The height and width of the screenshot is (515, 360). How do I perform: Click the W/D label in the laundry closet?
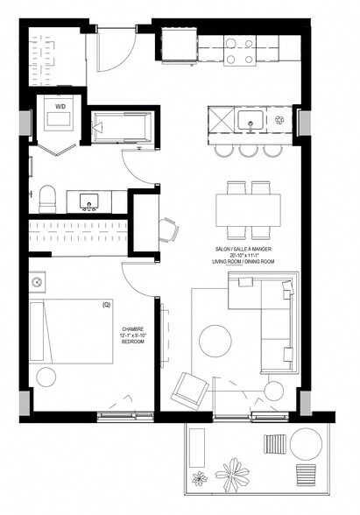point(60,108)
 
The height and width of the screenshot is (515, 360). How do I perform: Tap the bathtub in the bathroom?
point(123,128)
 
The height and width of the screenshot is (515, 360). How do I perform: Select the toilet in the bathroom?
point(48,194)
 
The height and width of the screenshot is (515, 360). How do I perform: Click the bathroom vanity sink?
point(89,203)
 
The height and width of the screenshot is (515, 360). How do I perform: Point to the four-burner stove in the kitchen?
point(240,51)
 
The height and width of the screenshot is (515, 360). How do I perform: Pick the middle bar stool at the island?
point(248,150)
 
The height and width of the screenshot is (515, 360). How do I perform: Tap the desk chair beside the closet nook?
point(167,229)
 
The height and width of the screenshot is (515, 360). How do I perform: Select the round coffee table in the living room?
point(215,341)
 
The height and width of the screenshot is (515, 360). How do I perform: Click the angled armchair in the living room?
point(187,387)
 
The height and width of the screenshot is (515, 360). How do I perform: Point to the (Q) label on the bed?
point(106,305)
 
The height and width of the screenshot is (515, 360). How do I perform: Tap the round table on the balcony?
point(303,444)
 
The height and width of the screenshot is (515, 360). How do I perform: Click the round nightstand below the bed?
point(46,377)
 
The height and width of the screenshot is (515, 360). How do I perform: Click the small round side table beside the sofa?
point(275,389)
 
